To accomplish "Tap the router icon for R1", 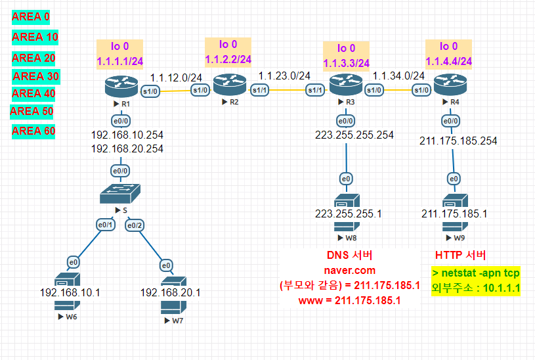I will [x=117, y=86].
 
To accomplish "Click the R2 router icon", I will [x=229, y=86].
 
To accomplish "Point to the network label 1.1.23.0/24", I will [x=284, y=76].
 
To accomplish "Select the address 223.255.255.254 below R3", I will [x=354, y=135].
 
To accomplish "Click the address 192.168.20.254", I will [x=127, y=148].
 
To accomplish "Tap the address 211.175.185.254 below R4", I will [x=459, y=140].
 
